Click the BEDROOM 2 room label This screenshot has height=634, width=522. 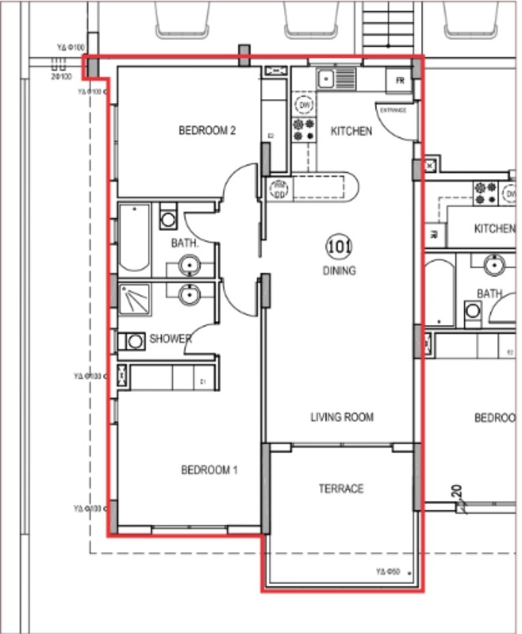click(208, 132)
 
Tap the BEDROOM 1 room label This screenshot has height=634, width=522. click(210, 470)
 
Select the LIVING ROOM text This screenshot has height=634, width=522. click(341, 418)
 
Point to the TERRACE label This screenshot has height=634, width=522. click(341, 489)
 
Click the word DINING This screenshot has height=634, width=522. click(339, 270)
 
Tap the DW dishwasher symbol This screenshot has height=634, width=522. click(303, 105)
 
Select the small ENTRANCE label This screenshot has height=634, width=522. click(393, 110)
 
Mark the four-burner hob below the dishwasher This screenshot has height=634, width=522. click(303, 130)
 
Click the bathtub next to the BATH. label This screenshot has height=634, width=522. click(134, 238)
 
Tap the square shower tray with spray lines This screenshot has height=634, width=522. click(134, 300)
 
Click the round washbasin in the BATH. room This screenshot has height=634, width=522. click(189, 265)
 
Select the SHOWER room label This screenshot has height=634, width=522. click(170, 339)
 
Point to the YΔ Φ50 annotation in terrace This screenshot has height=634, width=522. click(387, 571)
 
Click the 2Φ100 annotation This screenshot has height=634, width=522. click(62, 77)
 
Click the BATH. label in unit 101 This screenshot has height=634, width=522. click(183, 244)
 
